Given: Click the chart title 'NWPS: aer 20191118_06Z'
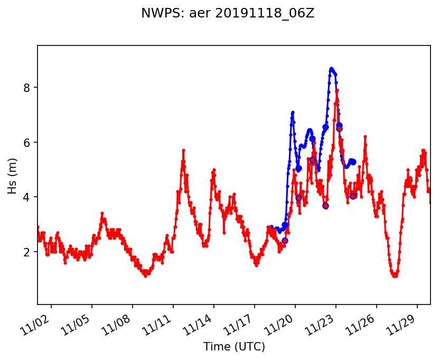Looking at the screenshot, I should (228, 14).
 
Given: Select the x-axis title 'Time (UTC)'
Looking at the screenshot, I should (234, 347).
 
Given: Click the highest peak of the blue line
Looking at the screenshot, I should (331, 69).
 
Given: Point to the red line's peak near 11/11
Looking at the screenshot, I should (183, 150).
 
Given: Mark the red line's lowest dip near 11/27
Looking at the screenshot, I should (395, 275).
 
